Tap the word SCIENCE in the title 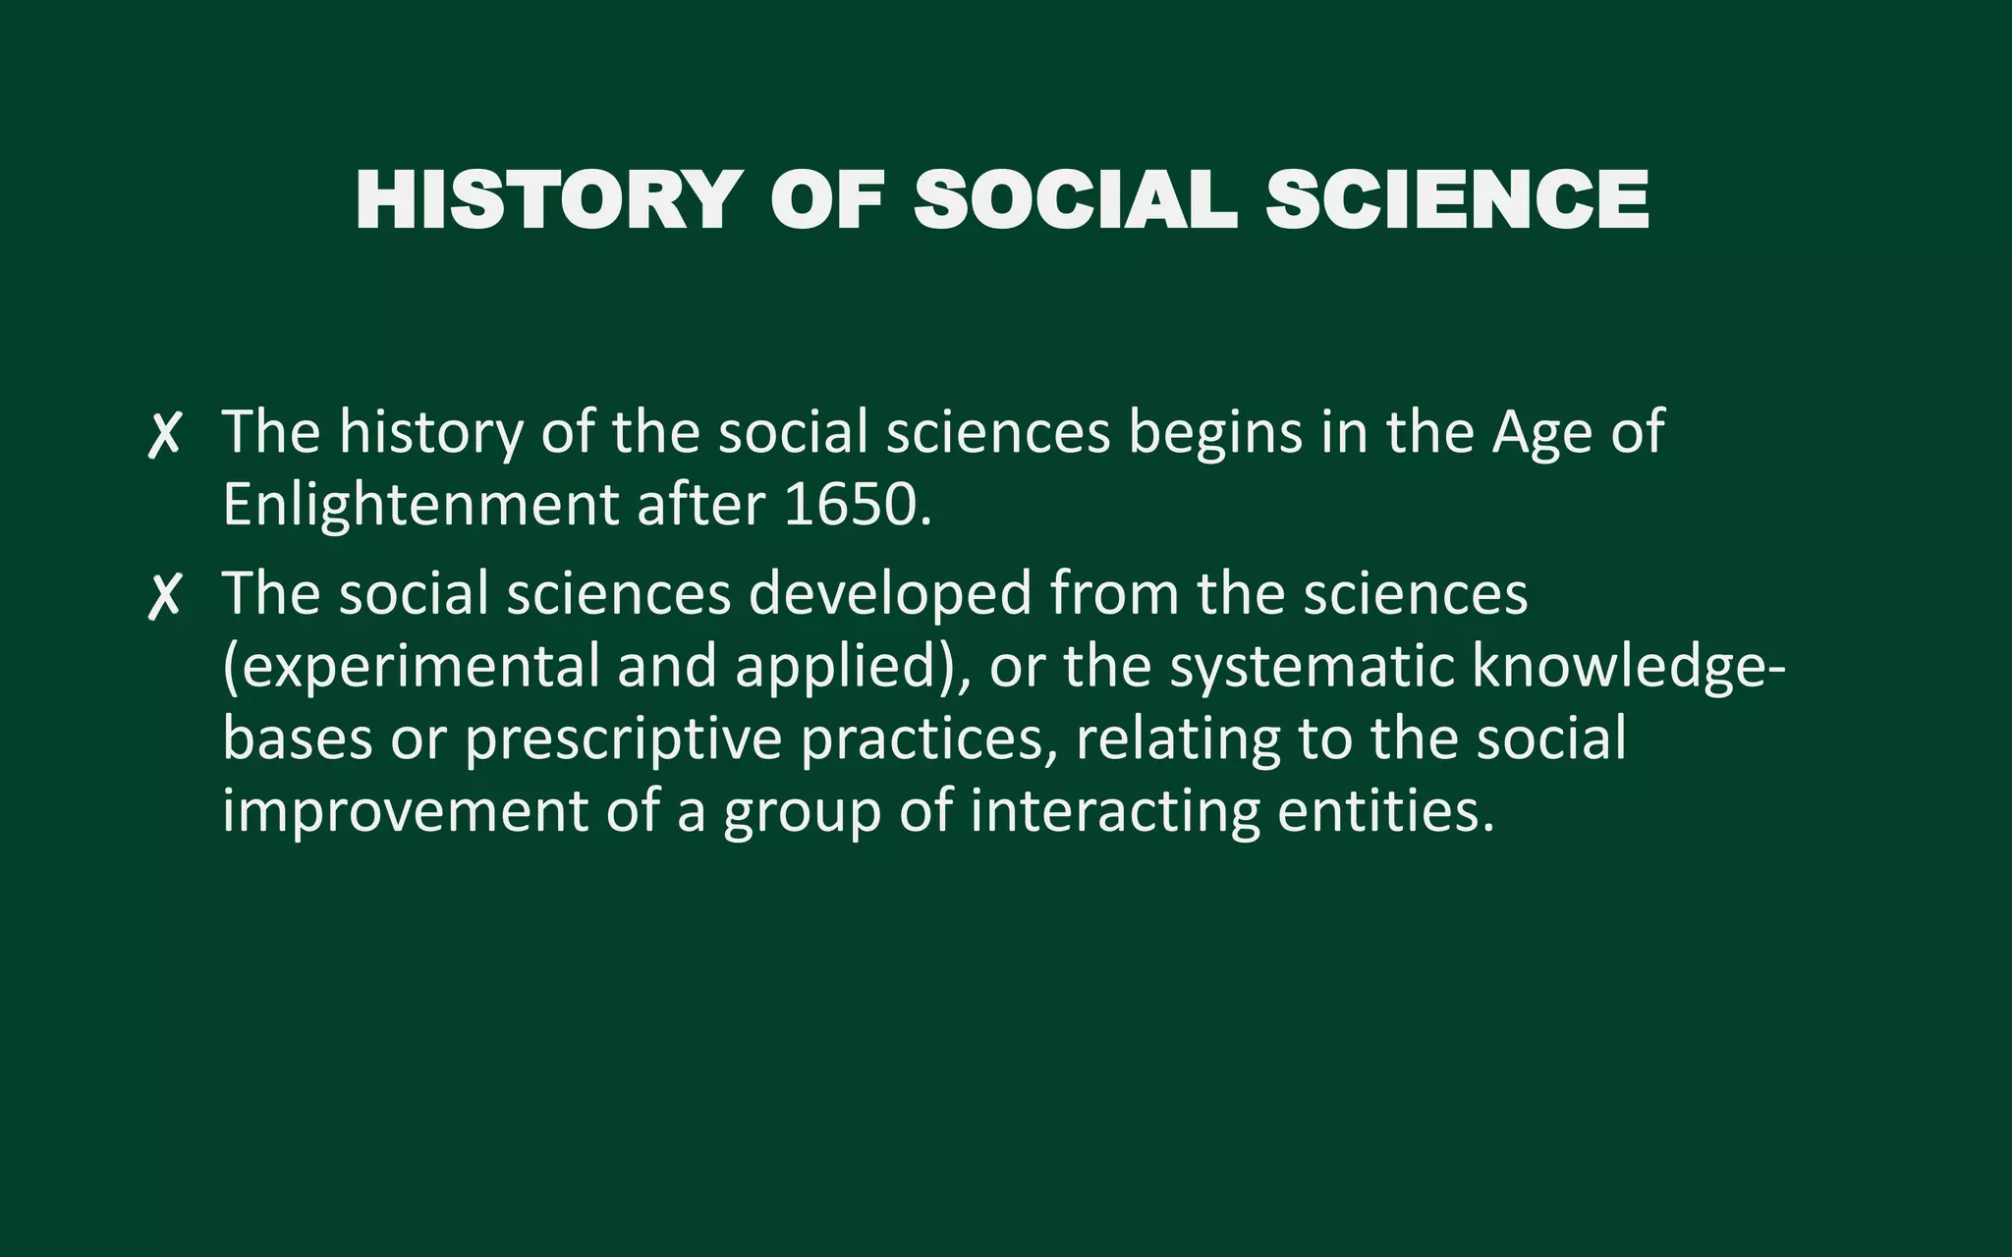tap(1457, 200)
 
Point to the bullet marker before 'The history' tap(164, 435)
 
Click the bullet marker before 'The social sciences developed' tap(164, 597)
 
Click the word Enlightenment tap(420, 505)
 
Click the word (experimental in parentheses tap(411, 668)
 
